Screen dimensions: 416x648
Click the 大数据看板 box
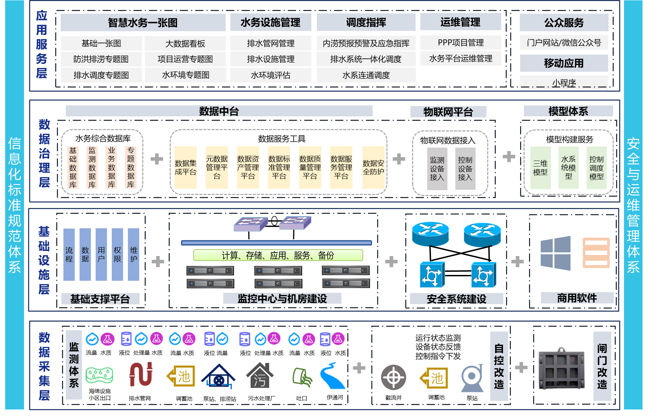[185, 44]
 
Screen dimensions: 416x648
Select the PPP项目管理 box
[460, 43]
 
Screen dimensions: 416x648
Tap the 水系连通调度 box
[366, 75]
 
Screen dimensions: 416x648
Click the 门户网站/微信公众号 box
[564, 43]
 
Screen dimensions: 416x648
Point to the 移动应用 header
[564, 63]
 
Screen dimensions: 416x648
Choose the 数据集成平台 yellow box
[185, 167]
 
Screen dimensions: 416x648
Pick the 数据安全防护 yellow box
[373, 167]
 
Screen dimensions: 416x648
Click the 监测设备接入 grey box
[437, 169]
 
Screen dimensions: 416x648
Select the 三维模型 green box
[540, 168]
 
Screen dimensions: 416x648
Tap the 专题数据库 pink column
[131, 167]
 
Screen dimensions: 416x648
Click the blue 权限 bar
[117, 254]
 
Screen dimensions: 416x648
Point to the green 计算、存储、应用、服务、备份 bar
[278, 255]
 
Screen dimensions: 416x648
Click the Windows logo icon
[555, 253]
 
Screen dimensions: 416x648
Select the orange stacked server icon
[596, 253]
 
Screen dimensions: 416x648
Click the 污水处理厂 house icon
[260, 376]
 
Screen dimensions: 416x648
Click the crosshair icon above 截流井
[393, 378]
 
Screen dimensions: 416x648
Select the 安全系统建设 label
[456, 299]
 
